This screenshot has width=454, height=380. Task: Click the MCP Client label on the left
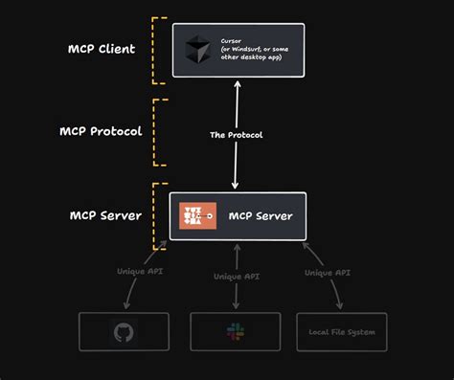[101, 50]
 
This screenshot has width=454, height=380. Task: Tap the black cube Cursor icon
[197, 50]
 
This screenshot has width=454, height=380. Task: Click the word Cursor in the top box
[232, 41]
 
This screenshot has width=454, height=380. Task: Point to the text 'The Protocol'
[237, 135]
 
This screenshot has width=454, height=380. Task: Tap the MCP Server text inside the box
[261, 216]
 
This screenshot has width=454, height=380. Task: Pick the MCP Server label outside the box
[105, 215]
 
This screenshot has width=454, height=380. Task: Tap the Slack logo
[235, 331]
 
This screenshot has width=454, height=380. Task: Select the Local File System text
[342, 332]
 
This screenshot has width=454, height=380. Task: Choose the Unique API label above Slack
[236, 277]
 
